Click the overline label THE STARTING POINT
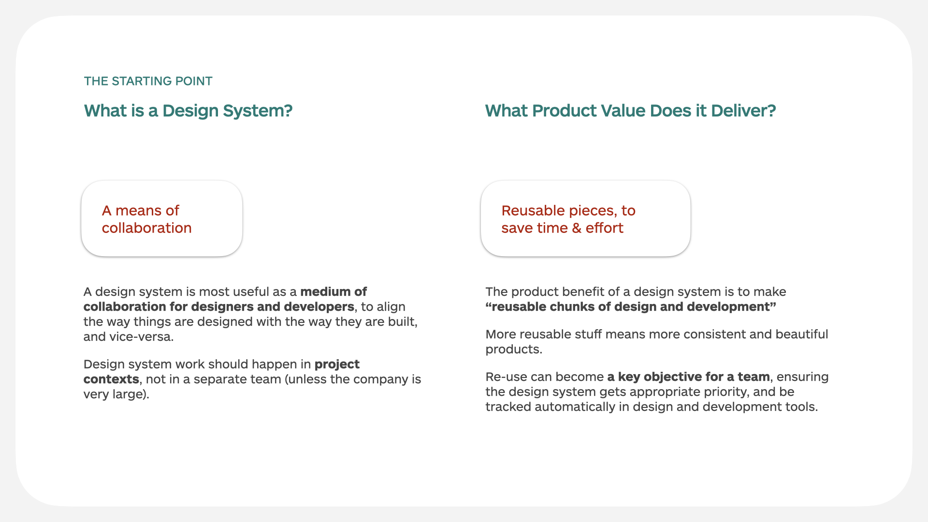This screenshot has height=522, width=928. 148,81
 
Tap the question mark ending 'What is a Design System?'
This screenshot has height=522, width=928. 288,111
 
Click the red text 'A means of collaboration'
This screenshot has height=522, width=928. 147,219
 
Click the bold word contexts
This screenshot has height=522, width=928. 111,379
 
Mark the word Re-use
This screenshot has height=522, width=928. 506,377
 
